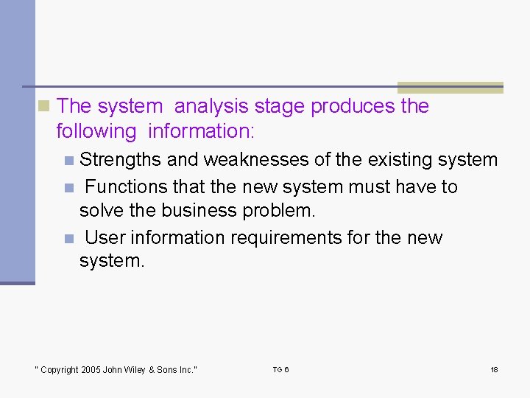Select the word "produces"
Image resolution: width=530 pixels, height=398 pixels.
353,107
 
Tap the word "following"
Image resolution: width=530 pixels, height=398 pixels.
96,132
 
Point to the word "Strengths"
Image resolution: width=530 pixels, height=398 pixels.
121,160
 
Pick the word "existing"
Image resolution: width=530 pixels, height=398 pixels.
401,160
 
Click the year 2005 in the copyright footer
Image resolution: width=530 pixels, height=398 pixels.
89,370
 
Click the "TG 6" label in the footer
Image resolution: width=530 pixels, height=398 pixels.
280,370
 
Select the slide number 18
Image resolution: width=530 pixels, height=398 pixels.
494,370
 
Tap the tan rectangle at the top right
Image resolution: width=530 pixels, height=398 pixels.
450,87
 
